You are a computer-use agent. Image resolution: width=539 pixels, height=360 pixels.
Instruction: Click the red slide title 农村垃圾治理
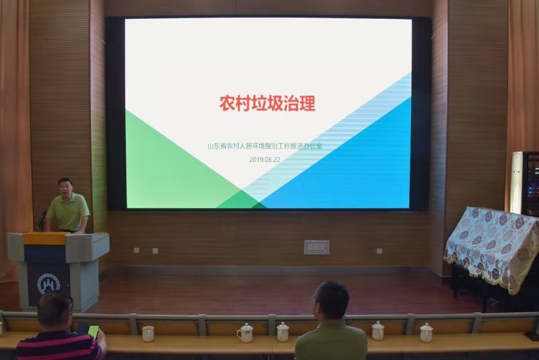(x=267, y=103)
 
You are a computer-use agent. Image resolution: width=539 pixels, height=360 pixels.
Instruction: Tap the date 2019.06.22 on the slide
(x=265, y=160)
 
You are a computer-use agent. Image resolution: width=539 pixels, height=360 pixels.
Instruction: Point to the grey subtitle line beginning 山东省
(x=265, y=146)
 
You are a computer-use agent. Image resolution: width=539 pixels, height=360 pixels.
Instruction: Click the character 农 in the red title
(x=227, y=103)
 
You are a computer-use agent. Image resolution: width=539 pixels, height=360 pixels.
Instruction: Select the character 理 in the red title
(x=308, y=103)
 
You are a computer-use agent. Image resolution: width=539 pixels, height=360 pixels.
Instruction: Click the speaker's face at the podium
(x=65, y=188)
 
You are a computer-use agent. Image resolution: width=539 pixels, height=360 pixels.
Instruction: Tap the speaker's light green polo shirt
(x=68, y=212)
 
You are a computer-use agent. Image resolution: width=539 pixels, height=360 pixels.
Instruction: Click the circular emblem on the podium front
(x=49, y=284)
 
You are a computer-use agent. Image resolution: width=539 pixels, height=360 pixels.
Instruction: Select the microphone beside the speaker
(x=42, y=220)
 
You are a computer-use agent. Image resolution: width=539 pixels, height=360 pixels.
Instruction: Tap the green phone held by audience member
(x=94, y=331)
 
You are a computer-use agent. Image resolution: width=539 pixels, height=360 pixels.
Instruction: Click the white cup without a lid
(x=148, y=334)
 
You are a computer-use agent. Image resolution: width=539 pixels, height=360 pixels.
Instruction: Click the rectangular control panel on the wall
(x=317, y=247)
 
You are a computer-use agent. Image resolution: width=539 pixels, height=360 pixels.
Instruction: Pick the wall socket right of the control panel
(x=379, y=251)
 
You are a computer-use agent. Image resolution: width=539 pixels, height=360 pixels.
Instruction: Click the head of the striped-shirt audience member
(x=55, y=310)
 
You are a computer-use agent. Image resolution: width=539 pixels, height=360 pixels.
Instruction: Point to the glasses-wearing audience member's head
(x=331, y=301)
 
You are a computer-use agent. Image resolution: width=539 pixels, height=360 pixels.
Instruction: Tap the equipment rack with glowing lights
(x=530, y=184)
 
